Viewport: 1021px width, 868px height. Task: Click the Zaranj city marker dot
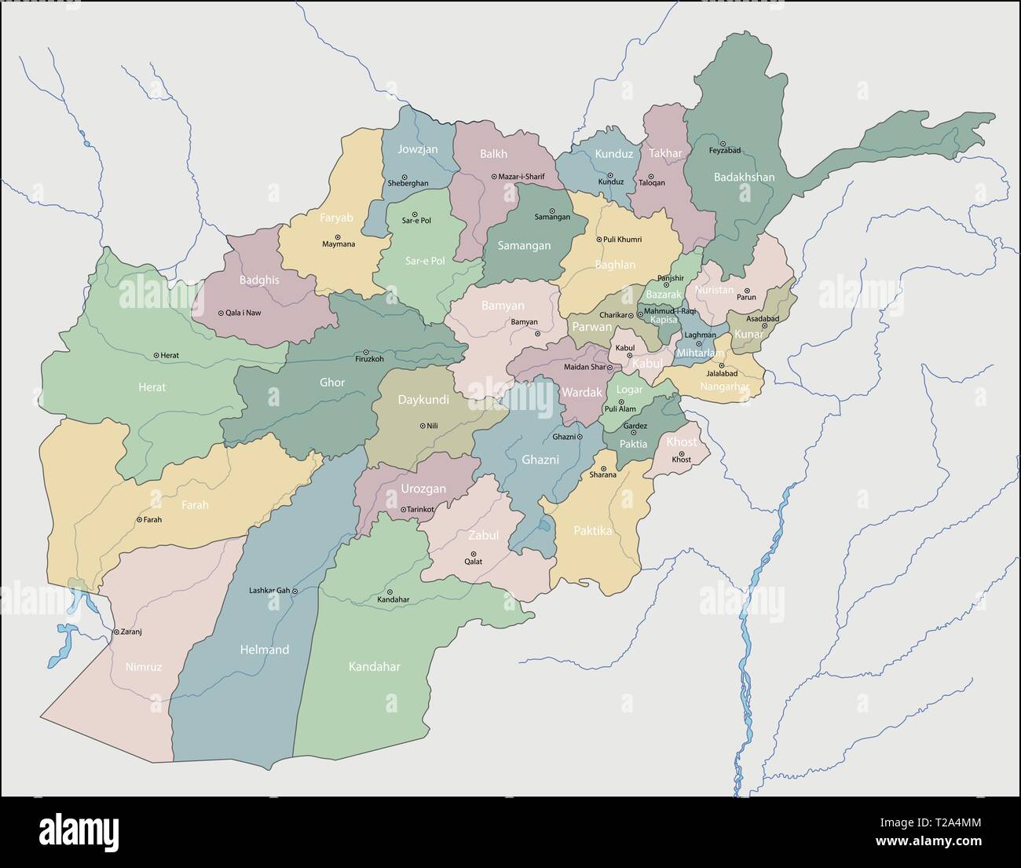click(x=115, y=632)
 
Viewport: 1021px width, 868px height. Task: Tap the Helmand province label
click(x=264, y=650)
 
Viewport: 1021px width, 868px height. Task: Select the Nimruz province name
click(x=143, y=667)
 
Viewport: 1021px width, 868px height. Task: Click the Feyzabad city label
click(x=724, y=150)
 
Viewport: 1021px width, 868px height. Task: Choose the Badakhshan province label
click(x=744, y=177)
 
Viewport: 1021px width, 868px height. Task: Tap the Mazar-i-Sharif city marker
click(x=494, y=178)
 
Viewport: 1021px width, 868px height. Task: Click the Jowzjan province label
click(x=417, y=149)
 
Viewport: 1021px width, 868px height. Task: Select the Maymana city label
click(x=339, y=244)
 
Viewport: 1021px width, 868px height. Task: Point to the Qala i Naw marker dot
click(x=221, y=313)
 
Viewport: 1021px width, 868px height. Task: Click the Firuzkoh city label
click(x=369, y=359)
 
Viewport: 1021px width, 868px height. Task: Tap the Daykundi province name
click(x=423, y=400)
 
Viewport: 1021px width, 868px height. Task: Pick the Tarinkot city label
click(x=420, y=510)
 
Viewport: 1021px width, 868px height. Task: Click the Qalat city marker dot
click(x=473, y=553)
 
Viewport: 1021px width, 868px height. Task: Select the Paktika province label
click(x=592, y=531)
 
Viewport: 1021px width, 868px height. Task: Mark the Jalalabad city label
click(x=716, y=374)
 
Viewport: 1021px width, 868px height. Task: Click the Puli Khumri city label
click(x=622, y=240)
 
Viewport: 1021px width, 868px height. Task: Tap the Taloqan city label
click(x=651, y=183)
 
